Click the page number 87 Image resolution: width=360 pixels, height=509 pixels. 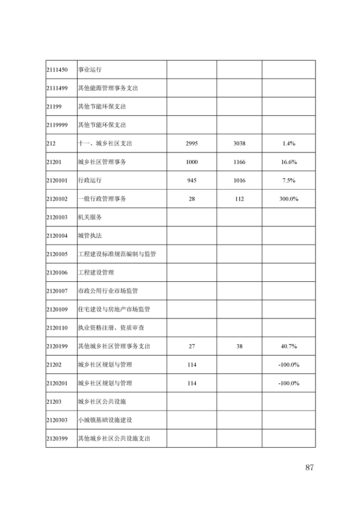[310, 468]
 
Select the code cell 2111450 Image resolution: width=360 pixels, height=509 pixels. [57, 70]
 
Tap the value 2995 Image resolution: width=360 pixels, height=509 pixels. [192, 143]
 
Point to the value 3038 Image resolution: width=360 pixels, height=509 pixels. [239, 143]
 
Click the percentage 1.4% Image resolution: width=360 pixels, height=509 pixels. [289, 143]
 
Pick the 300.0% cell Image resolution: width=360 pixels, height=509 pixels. [289, 199]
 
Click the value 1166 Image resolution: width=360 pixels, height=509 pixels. [239, 162]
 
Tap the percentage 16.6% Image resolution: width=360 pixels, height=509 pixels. [289, 162]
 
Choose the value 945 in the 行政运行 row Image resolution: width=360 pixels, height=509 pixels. [192, 181]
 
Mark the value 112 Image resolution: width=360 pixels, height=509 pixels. [239, 199]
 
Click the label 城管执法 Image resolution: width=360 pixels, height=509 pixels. [90, 236]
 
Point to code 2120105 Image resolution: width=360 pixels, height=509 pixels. [57, 254]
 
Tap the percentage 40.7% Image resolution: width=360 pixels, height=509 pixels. [289, 346]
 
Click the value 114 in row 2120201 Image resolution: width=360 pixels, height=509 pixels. [192, 383]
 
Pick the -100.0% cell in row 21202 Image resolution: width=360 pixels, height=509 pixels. [289, 365]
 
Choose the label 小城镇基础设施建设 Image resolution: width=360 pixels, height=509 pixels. [105, 420]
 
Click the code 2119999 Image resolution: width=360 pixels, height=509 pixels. [57, 125]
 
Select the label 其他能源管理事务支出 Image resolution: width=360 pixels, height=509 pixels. [108, 88]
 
